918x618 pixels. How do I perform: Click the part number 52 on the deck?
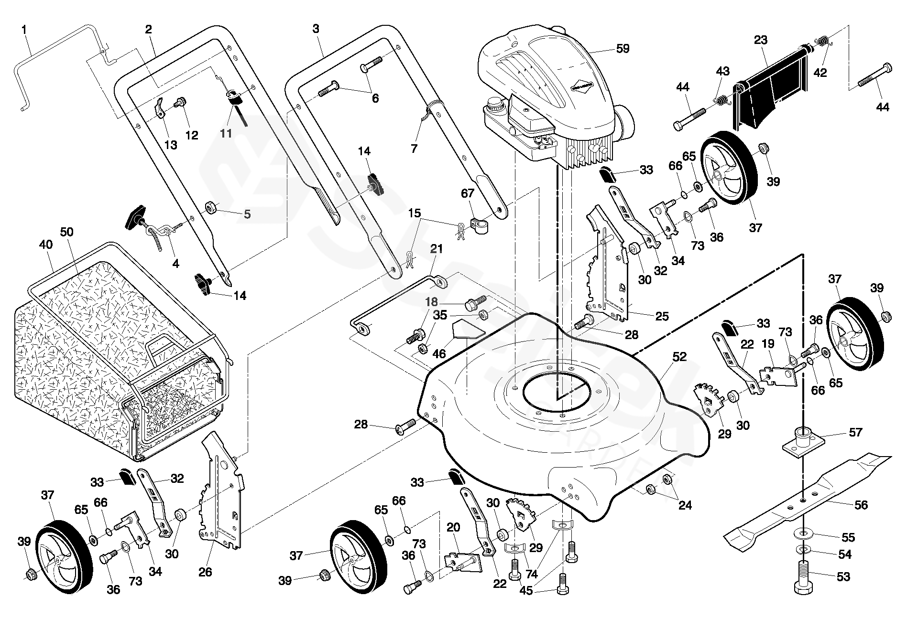click(x=679, y=357)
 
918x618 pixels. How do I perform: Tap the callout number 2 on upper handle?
click(x=148, y=29)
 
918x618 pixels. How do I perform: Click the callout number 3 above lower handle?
click(x=316, y=29)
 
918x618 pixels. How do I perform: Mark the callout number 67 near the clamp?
click(x=468, y=193)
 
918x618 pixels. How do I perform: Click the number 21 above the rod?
click(x=437, y=249)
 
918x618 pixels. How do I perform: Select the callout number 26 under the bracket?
click(x=205, y=572)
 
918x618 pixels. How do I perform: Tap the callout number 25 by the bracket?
click(x=662, y=316)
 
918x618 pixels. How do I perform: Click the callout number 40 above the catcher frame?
click(x=45, y=245)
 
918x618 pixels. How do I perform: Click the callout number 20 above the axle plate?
click(x=453, y=527)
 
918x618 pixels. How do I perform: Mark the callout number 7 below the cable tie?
click(x=414, y=149)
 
